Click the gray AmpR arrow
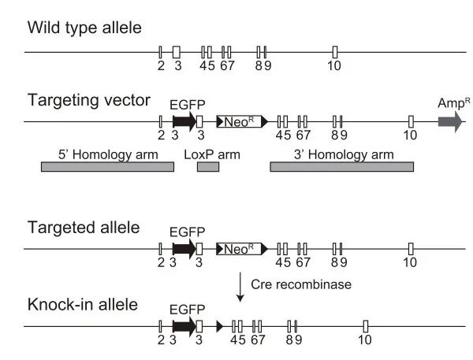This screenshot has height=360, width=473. click(x=451, y=121)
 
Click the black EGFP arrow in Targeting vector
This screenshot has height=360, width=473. click(x=184, y=121)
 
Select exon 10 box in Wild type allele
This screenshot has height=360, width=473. click(x=335, y=52)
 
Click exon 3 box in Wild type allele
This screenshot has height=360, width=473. click(x=177, y=52)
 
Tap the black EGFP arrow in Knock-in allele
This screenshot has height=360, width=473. click(x=184, y=325)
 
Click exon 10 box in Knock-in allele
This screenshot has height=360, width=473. click(x=365, y=325)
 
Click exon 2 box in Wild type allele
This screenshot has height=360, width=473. click(x=160, y=52)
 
